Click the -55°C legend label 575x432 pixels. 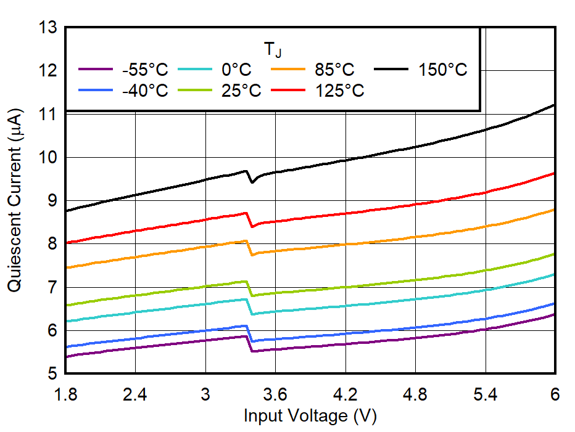tap(145, 70)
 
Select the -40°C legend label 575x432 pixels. tap(145, 91)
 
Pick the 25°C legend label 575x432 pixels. tap(241, 91)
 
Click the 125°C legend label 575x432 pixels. tap(340, 91)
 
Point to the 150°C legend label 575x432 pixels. tap(443, 70)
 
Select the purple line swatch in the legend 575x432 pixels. tap(96, 70)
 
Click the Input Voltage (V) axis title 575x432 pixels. tap(310, 416)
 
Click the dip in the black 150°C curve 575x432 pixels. tap(252, 182)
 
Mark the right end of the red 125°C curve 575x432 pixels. tap(555, 173)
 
